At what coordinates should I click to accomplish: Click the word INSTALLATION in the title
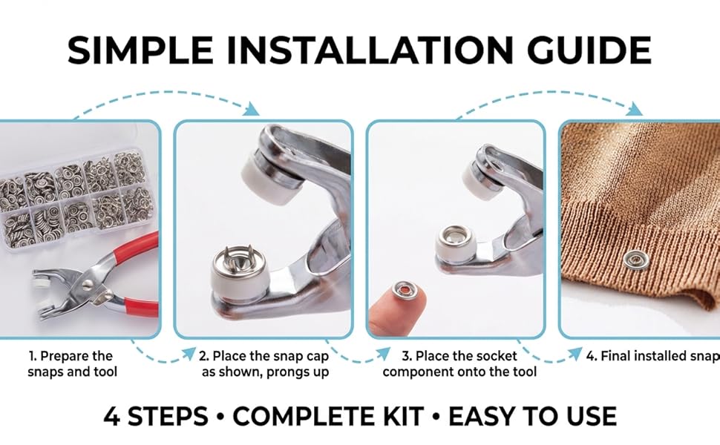370,50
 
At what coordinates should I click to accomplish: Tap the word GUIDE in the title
589,50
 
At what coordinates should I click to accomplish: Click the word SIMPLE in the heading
140,50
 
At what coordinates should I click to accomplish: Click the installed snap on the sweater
635,259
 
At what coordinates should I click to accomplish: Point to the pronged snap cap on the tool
241,262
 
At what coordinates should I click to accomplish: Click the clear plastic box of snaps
76,198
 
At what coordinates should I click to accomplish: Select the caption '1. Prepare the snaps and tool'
72,364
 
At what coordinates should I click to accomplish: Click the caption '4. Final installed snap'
652,356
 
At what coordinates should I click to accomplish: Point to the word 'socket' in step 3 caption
497,356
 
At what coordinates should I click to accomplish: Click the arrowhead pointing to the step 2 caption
189,354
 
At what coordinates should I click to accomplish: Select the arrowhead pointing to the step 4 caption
575,354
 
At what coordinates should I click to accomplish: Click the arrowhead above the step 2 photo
252,109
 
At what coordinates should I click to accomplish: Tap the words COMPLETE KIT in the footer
328,416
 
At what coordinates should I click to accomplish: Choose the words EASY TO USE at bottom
532,416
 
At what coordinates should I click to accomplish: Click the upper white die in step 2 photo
267,179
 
